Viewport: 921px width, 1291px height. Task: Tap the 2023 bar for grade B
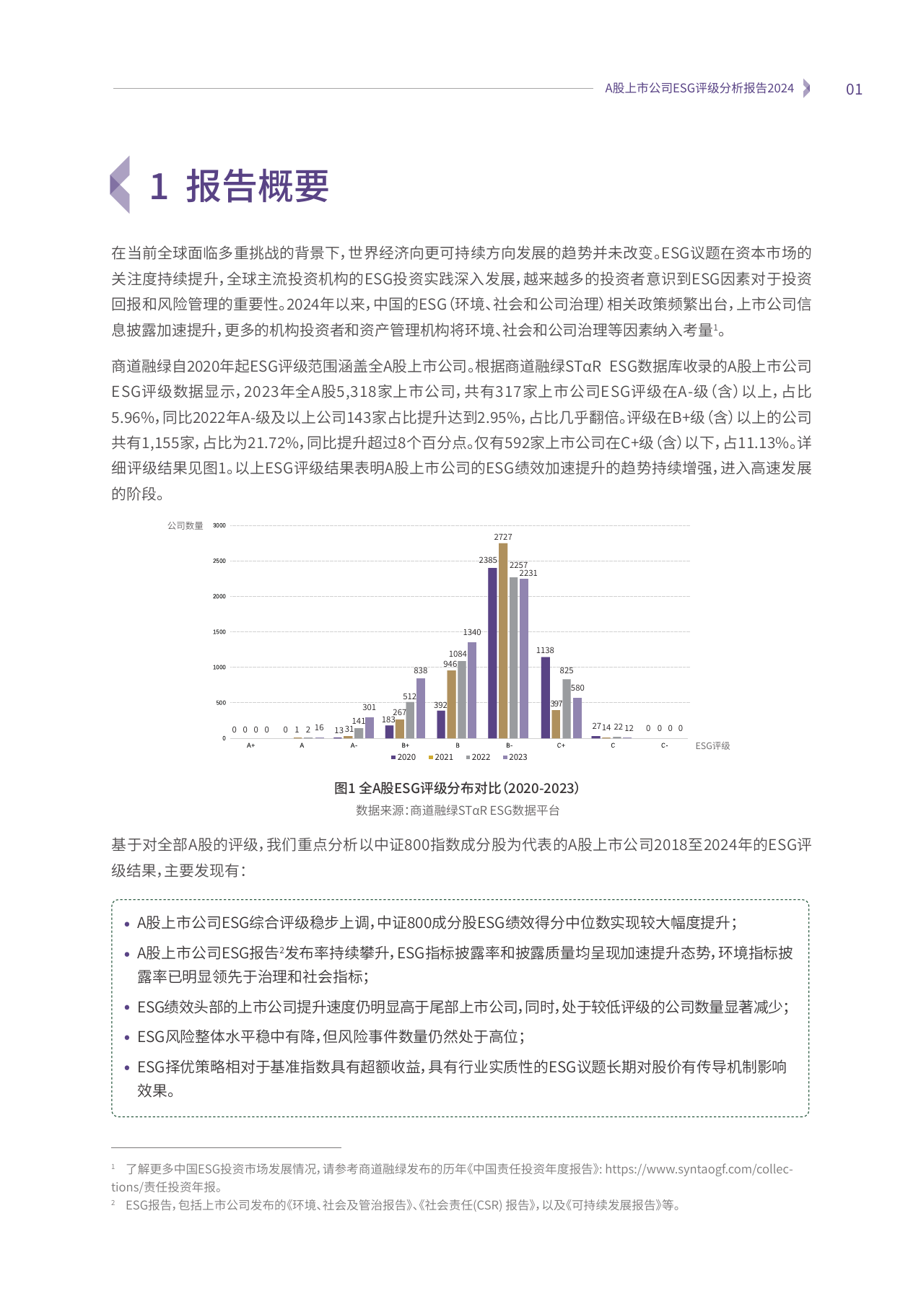tap(472, 690)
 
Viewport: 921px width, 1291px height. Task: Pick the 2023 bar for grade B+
tap(421, 708)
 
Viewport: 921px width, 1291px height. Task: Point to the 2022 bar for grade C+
tap(567, 709)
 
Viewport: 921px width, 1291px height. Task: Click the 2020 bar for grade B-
tap(492, 653)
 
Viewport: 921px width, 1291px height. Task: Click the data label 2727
tap(503, 537)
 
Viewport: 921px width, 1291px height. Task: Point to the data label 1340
tap(472, 632)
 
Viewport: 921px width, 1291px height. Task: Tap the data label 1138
tap(545, 650)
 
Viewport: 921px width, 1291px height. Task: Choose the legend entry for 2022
tap(478, 757)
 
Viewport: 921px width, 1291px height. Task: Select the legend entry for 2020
tap(403, 757)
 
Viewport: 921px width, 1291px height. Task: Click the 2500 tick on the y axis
tap(219, 561)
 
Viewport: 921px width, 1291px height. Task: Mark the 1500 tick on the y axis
tap(219, 631)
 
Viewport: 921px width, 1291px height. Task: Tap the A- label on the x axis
tap(354, 745)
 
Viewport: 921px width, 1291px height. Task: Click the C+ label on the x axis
tap(561, 745)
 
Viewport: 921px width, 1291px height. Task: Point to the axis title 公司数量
tap(185, 525)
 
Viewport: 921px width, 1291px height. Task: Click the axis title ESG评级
tap(712, 746)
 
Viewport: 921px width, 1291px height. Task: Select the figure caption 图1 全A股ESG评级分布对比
tap(456, 788)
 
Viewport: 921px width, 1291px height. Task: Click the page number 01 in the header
tap(854, 89)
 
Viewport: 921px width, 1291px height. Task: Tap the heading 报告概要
tap(257, 186)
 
